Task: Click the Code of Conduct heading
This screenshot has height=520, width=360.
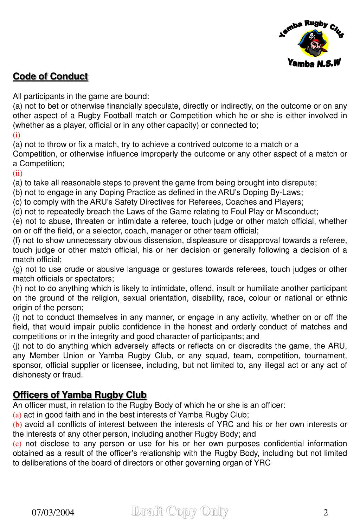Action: coord(50,76)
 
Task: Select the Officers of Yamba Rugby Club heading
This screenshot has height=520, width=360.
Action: coord(79,395)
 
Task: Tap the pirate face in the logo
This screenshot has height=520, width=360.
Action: coord(312,44)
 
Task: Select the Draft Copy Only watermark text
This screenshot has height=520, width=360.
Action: coord(180,511)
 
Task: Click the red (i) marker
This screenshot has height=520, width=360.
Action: coord(17,135)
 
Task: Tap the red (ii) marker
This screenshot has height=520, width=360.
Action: coord(18,173)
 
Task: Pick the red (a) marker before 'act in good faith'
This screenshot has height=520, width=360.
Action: coord(17,415)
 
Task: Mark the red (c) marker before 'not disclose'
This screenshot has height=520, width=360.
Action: coord(17,444)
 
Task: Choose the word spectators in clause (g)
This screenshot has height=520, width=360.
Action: coord(96,279)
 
